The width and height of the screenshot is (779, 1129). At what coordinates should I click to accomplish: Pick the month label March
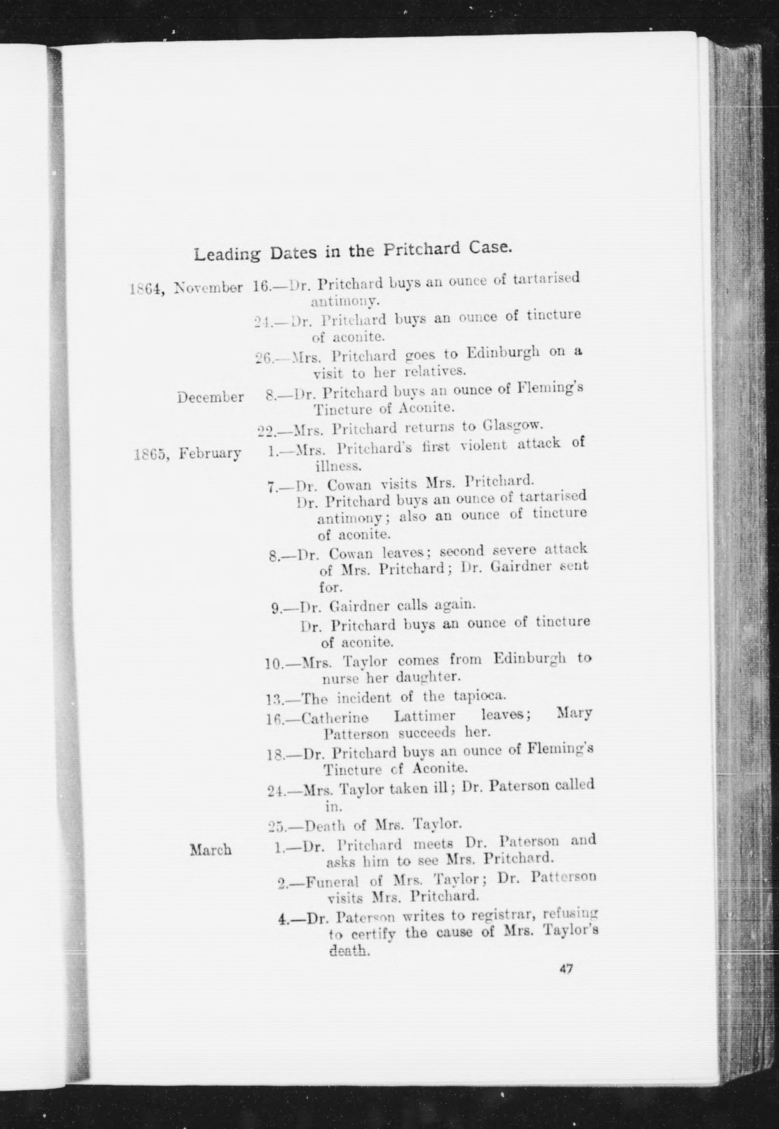(x=210, y=851)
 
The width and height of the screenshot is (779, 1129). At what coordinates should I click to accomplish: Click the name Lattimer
(x=424, y=716)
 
